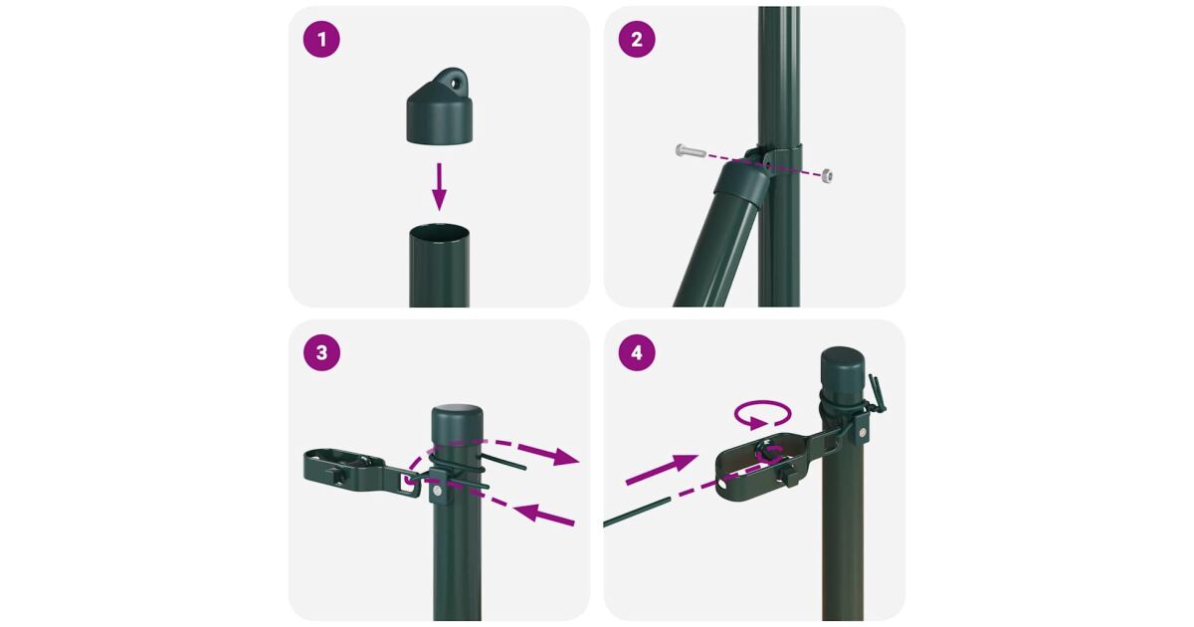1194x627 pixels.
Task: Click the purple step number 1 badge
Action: pos(321,40)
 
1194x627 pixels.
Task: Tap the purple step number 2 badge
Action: pos(637,40)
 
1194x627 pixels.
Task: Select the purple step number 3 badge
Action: pos(321,352)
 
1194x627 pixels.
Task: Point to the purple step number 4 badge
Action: pos(637,352)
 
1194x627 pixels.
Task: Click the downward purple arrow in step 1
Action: pos(439,187)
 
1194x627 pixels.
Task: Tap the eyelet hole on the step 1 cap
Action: pos(455,84)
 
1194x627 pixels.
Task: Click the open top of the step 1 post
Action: pos(439,232)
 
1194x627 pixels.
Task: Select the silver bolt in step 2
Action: pos(691,151)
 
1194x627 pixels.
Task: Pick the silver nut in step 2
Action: pos(827,176)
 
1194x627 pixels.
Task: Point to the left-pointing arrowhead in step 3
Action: pos(528,513)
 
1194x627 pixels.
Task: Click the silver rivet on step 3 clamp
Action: pos(437,491)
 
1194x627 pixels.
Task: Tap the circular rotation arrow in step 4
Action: pos(763,414)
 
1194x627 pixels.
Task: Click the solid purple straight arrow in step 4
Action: pos(662,470)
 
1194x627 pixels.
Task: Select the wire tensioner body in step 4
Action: pos(763,468)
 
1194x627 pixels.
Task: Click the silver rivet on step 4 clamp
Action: pos(861,432)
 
